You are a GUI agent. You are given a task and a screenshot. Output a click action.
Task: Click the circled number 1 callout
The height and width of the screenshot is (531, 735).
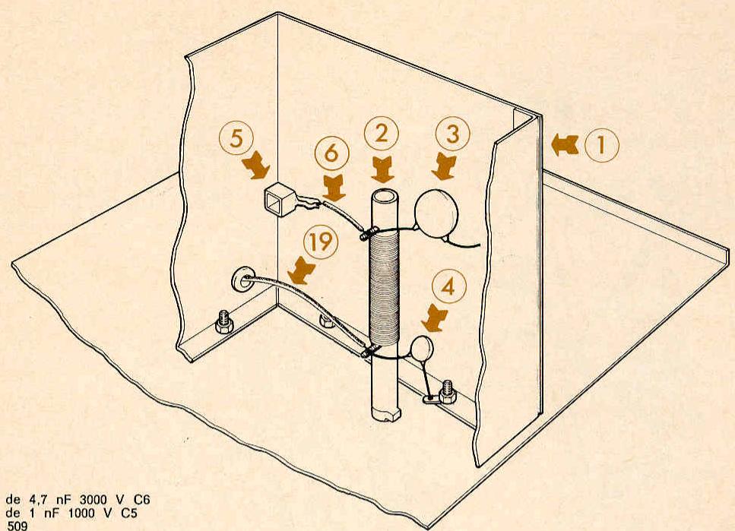point(601,145)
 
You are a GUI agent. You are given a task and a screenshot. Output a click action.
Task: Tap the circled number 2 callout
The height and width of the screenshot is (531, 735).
point(382,134)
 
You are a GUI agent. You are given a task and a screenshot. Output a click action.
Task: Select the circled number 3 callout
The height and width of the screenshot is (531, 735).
point(453,134)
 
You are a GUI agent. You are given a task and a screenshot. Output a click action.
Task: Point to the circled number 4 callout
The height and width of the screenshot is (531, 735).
point(448,286)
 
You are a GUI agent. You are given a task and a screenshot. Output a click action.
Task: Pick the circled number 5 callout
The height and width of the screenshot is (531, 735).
point(236,139)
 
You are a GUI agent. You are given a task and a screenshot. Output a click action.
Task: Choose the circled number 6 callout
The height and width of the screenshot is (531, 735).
point(331,153)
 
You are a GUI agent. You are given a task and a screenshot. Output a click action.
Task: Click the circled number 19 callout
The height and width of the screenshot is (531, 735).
point(321,242)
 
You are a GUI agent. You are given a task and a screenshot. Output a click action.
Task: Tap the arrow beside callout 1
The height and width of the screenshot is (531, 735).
point(565,145)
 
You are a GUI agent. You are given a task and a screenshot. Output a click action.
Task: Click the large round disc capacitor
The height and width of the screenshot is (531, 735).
point(436,213)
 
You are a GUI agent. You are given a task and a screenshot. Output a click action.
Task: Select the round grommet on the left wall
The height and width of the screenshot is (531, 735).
point(242,280)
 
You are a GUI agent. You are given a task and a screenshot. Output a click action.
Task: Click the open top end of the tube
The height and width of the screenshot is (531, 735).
point(384,197)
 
